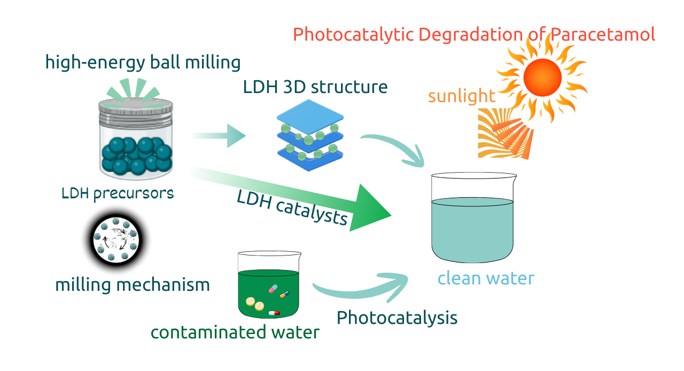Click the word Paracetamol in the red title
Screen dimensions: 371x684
pos(602,35)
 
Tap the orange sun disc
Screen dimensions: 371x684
pos(542,77)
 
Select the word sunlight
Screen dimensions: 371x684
pos(462,96)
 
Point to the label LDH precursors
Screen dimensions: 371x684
pos(118,193)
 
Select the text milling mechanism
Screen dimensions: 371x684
pos(133,284)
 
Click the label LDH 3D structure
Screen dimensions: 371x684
pos(315,87)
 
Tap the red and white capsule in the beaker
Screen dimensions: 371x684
pos(274,313)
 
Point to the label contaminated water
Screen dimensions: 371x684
pos(235,332)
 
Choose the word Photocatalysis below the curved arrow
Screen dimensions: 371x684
pos(397,318)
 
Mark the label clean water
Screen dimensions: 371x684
pos(485,279)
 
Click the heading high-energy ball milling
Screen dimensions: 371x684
pos(143,63)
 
